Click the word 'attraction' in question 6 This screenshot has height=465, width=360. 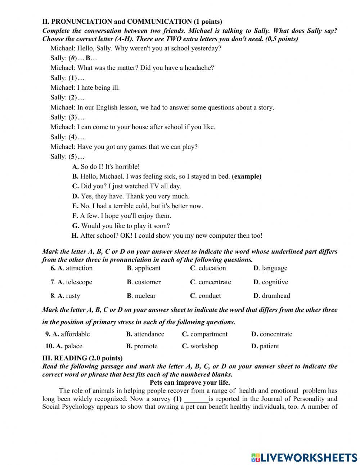[79, 268]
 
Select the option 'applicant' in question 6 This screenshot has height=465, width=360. [148, 268]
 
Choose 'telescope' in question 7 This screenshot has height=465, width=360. [79, 282]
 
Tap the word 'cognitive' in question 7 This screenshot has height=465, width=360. [275, 282]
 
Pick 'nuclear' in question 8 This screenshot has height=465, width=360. [145, 296]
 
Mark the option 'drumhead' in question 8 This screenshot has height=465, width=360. [276, 296]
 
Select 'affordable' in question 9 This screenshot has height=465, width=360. [75, 334]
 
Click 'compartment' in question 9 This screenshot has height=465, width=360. [209, 334]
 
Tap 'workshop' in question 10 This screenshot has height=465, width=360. [204, 346]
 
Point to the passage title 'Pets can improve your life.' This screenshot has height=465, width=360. [190, 383]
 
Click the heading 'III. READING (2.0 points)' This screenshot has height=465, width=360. [82, 358]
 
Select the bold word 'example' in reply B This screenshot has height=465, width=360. [247, 176]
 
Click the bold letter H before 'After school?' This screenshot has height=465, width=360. [75, 236]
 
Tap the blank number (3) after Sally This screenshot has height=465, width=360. [73, 117]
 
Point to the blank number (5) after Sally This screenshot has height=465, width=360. [73, 157]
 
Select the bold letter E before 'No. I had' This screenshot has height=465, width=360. [75, 206]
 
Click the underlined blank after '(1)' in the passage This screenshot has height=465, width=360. [196, 399]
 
